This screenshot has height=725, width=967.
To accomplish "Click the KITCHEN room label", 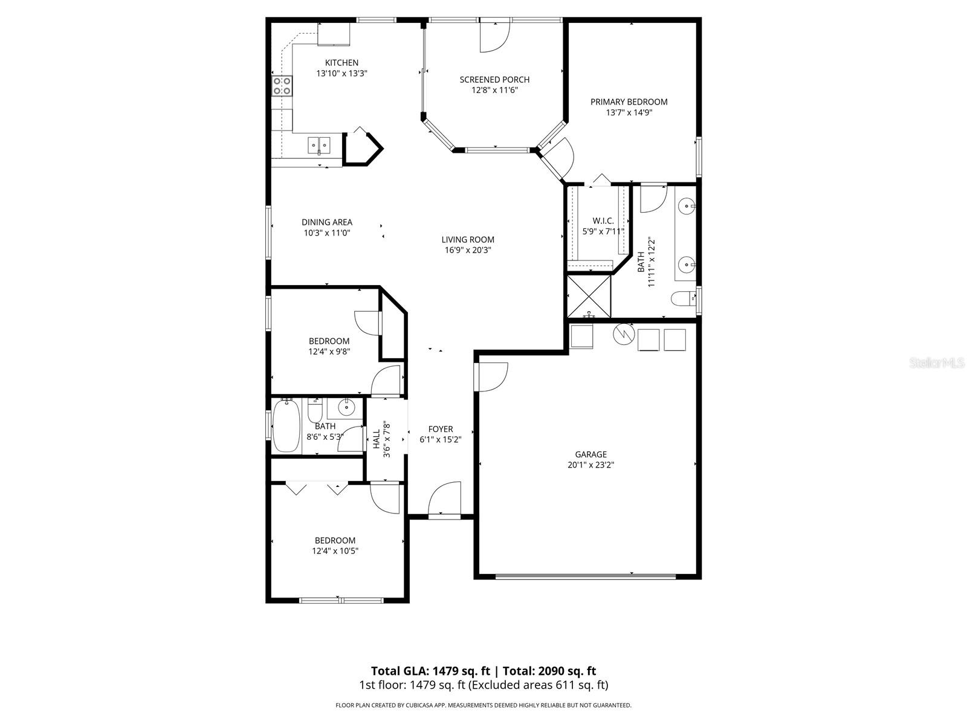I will tap(341, 63).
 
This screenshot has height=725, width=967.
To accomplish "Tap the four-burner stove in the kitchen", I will tap(282, 86).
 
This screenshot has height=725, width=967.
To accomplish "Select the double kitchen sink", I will tap(319, 144).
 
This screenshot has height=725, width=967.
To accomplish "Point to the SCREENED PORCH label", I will tap(494, 80).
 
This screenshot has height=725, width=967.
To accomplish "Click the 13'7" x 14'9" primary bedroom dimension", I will tap(629, 112).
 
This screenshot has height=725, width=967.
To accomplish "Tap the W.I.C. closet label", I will tap(603, 221).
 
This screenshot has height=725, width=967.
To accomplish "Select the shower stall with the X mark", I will tap(589, 295).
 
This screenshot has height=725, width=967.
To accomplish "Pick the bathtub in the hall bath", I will tap(286, 426).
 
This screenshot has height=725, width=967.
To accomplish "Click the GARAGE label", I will tap(590, 454).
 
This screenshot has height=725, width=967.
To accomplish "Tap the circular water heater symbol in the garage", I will tap(622, 333).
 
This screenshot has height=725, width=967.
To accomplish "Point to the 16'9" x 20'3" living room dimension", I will tap(468, 250).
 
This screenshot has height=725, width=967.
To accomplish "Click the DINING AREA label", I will tap(327, 222).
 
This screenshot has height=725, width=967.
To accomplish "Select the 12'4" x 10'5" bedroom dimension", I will tap(335, 551).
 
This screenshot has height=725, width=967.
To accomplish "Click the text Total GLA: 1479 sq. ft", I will tap(431, 671).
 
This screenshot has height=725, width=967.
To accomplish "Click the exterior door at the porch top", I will tap(494, 36).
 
